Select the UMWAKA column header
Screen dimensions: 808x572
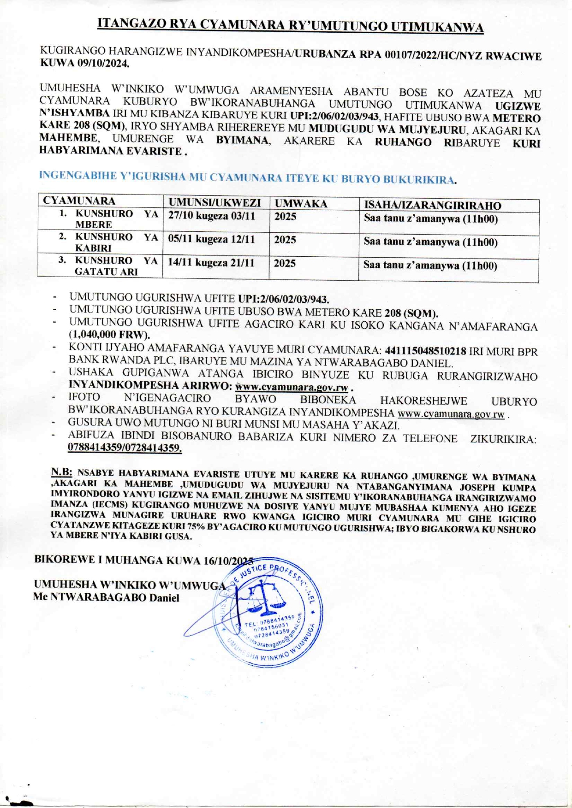301,204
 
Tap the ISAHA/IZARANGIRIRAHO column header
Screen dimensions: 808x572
432,206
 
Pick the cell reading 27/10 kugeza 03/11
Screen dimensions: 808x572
211,216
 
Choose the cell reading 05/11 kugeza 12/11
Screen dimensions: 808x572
211,239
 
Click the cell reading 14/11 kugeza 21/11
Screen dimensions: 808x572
211,263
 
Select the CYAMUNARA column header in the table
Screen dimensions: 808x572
79,201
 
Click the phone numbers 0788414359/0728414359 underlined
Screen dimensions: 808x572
125,448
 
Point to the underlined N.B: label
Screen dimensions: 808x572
61,472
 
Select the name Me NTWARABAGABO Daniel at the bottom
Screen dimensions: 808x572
106,598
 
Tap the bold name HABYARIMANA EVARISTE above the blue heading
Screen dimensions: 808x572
110,151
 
